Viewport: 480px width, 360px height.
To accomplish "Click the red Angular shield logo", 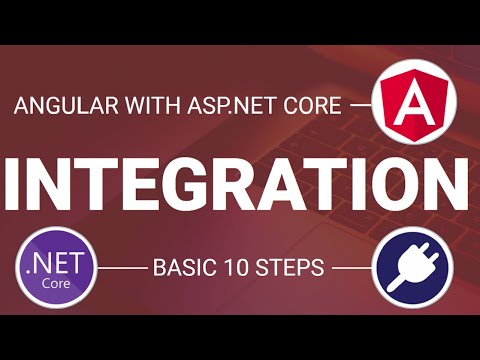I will pyautogui.click(x=411, y=103).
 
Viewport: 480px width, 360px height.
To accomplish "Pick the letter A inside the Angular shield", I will pyautogui.click(x=411, y=104).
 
